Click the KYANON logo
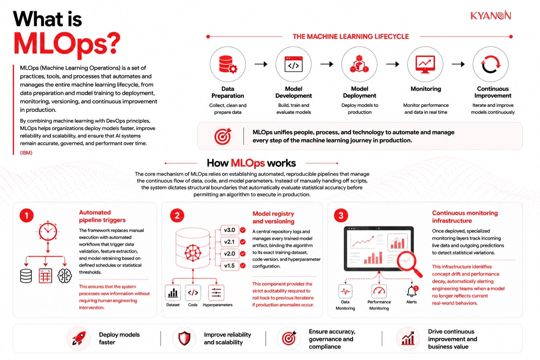click(490, 15)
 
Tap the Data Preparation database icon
click(228, 64)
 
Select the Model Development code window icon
click(294, 64)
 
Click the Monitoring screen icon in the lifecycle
click(425, 64)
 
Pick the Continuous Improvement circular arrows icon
click(490, 64)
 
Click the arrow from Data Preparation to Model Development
click(261, 64)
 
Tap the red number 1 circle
click(26, 215)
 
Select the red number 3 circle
click(341, 215)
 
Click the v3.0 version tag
click(230, 230)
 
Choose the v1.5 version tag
click(230, 266)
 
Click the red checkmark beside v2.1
click(243, 242)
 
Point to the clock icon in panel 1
click(48, 231)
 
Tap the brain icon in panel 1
click(65, 276)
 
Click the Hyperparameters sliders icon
click(216, 293)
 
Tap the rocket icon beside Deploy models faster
click(79, 338)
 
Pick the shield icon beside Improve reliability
click(185, 338)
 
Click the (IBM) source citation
click(26, 153)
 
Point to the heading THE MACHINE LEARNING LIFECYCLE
click(351, 37)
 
